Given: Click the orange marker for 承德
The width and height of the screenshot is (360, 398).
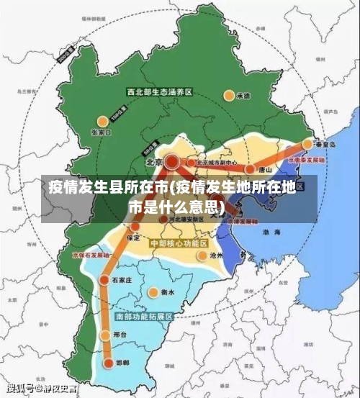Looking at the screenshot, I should [229, 94].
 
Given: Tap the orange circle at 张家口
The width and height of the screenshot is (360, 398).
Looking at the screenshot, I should [103, 120].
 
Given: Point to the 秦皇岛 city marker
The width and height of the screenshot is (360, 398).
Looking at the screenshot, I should [307, 143].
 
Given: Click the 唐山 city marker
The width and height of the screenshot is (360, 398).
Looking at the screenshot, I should [250, 170].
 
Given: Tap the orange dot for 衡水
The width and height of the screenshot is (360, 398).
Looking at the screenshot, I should [153, 292].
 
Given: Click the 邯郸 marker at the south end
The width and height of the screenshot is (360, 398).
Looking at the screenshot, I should [109, 364].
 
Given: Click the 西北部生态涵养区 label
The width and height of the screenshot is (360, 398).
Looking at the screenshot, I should [159, 92].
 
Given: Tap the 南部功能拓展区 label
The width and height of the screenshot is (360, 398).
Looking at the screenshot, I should [144, 317].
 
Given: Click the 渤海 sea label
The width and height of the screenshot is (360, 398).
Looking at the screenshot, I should [271, 232].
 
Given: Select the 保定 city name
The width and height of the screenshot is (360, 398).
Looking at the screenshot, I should [133, 237].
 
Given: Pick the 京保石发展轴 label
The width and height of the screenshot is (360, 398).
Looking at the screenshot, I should [91, 255].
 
